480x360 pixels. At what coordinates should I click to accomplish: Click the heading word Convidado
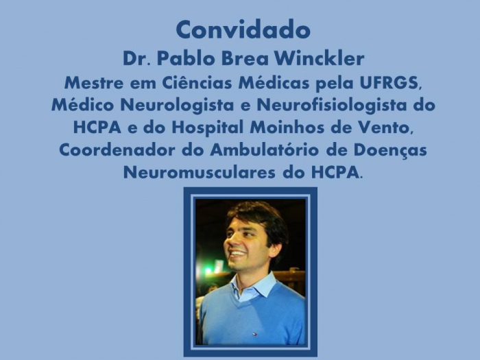pos(243,29)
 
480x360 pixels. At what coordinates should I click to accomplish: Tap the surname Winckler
pos(319,58)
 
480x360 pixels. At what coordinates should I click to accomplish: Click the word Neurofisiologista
pos(332,105)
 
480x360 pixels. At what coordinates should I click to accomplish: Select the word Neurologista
pos(177,105)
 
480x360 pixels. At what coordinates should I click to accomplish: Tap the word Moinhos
pos(287,128)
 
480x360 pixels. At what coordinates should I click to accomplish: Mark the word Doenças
pos(390,151)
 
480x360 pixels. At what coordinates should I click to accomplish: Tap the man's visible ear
pos(275,251)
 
